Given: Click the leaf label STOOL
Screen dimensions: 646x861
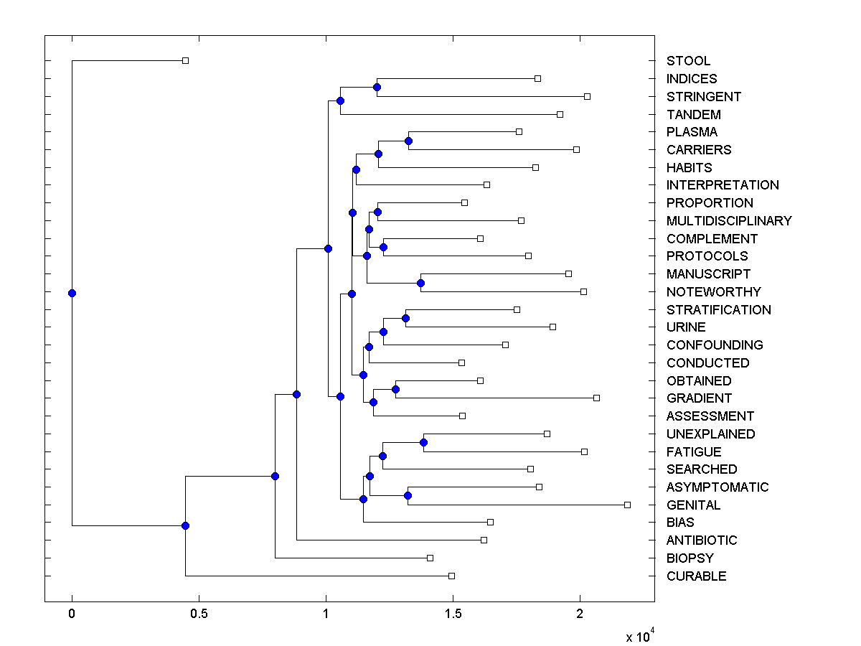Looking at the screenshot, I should coord(688,61).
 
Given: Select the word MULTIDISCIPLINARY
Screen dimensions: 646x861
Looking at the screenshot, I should coord(729,221).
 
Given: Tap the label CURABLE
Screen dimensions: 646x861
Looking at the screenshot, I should coord(696,576).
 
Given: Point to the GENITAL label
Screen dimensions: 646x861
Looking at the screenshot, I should coord(693,505).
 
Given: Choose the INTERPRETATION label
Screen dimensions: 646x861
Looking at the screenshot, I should coord(723,185).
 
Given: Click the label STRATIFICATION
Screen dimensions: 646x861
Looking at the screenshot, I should coord(718,310).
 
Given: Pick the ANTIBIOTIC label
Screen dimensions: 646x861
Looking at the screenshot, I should coord(702,540).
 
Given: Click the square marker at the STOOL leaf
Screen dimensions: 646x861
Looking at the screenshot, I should coord(185,60).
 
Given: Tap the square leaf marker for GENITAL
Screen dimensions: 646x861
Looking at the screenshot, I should coord(627,505).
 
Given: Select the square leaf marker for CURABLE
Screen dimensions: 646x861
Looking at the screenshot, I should coord(451,576).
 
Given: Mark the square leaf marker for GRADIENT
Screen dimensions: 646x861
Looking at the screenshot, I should coord(596,398).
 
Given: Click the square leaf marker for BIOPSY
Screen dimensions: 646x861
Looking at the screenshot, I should coord(430,558).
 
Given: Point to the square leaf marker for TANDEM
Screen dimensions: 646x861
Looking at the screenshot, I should coord(560,114).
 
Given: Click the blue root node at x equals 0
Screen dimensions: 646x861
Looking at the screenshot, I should coord(72,293).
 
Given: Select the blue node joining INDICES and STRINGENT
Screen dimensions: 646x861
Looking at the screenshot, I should coord(377,87).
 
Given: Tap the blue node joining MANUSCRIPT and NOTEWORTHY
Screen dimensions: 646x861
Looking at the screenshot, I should coord(420,283).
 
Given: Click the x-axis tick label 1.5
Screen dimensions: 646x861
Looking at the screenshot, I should coord(453,614).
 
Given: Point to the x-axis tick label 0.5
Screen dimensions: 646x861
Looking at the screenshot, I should coord(198,614).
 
